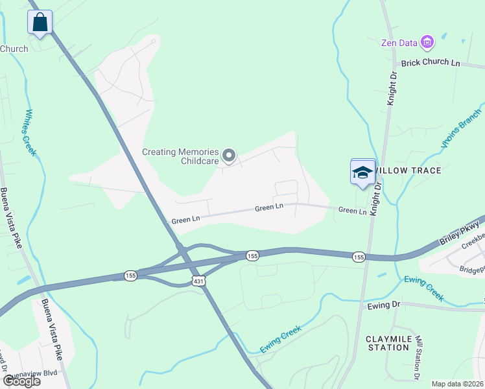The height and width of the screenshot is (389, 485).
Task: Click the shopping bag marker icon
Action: coord(40,22)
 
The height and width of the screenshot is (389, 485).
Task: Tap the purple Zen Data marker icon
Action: coord(427,43)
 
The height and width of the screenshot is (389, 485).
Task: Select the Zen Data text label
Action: coord(399,43)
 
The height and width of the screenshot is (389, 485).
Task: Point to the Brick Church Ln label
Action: coord(431,63)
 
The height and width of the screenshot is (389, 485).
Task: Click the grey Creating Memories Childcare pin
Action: coord(228,155)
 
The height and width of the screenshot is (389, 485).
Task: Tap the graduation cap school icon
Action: coord(363,172)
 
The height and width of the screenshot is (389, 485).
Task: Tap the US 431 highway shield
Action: coord(199,279)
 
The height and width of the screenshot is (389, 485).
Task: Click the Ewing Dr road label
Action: coord(384,305)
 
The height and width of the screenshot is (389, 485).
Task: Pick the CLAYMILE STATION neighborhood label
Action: coord(387,343)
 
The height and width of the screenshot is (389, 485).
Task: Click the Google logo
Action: coord(21,381)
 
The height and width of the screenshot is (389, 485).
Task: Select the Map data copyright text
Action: coord(457,384)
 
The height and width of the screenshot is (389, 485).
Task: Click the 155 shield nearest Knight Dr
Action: coord(359,257)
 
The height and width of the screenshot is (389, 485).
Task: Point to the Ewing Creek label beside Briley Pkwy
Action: coord(424,289)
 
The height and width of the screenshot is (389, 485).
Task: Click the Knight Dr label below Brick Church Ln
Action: coord(392,89)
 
